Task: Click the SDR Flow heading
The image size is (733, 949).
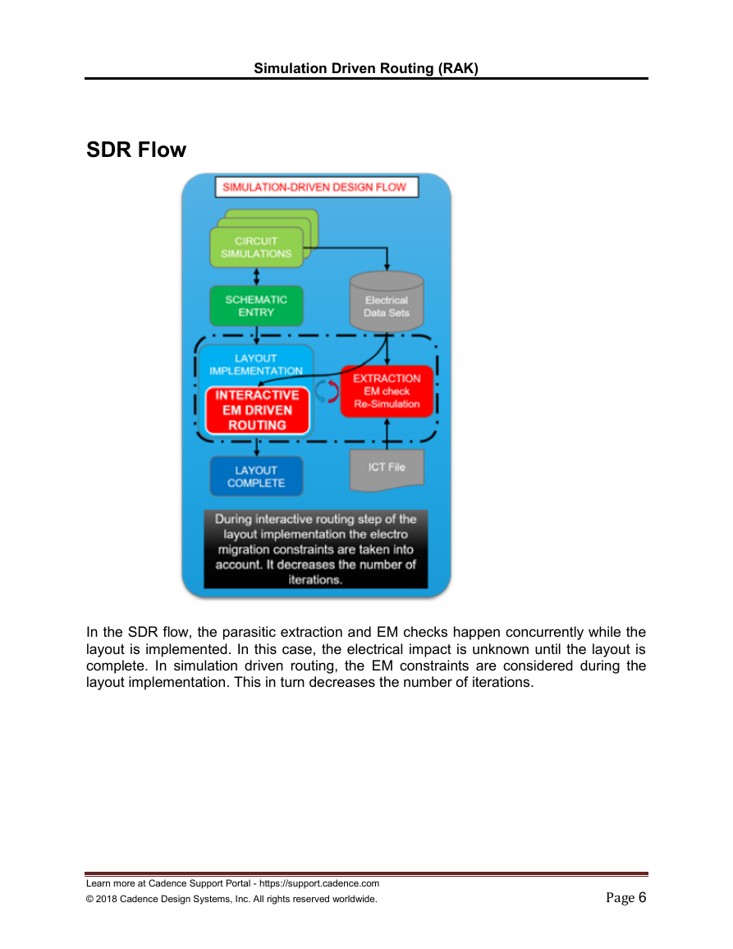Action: (136, 150)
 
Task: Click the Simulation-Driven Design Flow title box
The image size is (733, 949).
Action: (316, 187)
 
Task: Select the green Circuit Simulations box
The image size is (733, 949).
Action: (256, 247)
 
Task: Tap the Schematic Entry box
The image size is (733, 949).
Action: (256, 306)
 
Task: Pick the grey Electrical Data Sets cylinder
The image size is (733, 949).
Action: (387, 302)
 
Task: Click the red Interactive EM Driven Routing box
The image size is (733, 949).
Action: (257, 410)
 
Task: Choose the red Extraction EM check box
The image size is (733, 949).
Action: (387, 391)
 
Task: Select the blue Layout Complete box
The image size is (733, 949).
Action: (256, 477)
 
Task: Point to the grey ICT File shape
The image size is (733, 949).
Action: (387, 470)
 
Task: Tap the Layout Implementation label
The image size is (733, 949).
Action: (256, 364)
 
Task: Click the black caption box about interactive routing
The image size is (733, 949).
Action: (316, 549)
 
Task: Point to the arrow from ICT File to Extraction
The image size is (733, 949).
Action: (387, 433)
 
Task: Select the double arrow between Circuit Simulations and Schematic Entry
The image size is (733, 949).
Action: (256, 277)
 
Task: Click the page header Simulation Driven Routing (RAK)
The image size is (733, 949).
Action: (366, 67)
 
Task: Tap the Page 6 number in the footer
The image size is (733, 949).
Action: (626, 897)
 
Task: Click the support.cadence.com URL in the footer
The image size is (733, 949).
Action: (319, 883)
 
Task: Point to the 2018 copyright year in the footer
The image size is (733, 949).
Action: (106, 899)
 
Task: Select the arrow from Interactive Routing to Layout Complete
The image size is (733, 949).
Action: (256, 445)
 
